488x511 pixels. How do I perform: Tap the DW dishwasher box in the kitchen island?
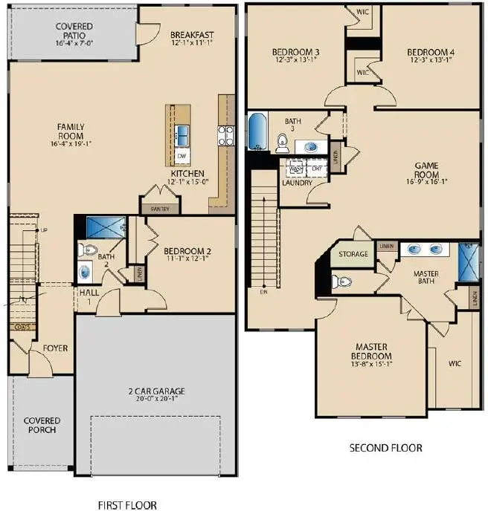[182, 155]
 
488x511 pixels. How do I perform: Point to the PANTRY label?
[161, 209]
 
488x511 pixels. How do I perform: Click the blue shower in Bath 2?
[106, 227]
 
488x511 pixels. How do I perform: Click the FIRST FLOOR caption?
[127, 505]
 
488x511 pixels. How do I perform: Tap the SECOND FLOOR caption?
[385, 448]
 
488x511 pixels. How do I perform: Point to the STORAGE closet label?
[353, 254]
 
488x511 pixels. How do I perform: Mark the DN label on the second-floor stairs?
[263, 292]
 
